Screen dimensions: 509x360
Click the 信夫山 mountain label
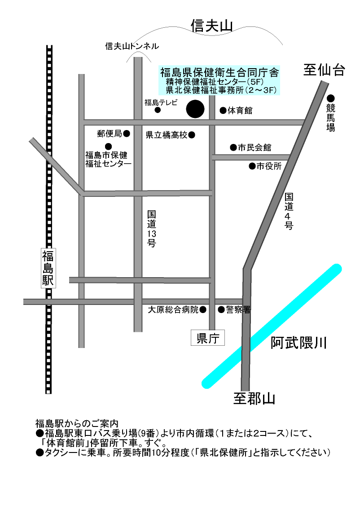click(x=211, y=26)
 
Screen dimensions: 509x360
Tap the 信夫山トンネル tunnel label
click(x=132, y=46)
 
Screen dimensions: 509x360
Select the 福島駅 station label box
click(x=48, y=268)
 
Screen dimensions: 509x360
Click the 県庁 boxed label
click(x=207, y=339)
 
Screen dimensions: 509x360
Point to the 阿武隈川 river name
click(x=298, y=344)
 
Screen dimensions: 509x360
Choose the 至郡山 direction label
click(x=254, y=398)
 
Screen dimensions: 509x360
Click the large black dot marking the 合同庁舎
click(x=195, y=109)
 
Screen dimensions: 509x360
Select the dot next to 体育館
click(x=223, y=110)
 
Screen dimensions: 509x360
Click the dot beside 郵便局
click(x=127, y=133)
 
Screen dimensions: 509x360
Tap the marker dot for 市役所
click(x=252, y=166)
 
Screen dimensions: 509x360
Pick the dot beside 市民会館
click(x=233, y=147)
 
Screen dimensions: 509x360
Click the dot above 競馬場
click(x=331, y=98)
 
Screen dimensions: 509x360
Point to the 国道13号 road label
click(x=151, y=229)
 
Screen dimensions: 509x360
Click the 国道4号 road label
click(x=289, y=211)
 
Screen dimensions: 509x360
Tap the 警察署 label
click(x=238, y=309)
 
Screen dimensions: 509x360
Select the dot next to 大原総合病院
click(x=203, y=309)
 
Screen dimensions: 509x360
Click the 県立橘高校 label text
click(x=167, y=135)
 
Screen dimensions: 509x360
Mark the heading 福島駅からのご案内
click(x=77, y=423)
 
